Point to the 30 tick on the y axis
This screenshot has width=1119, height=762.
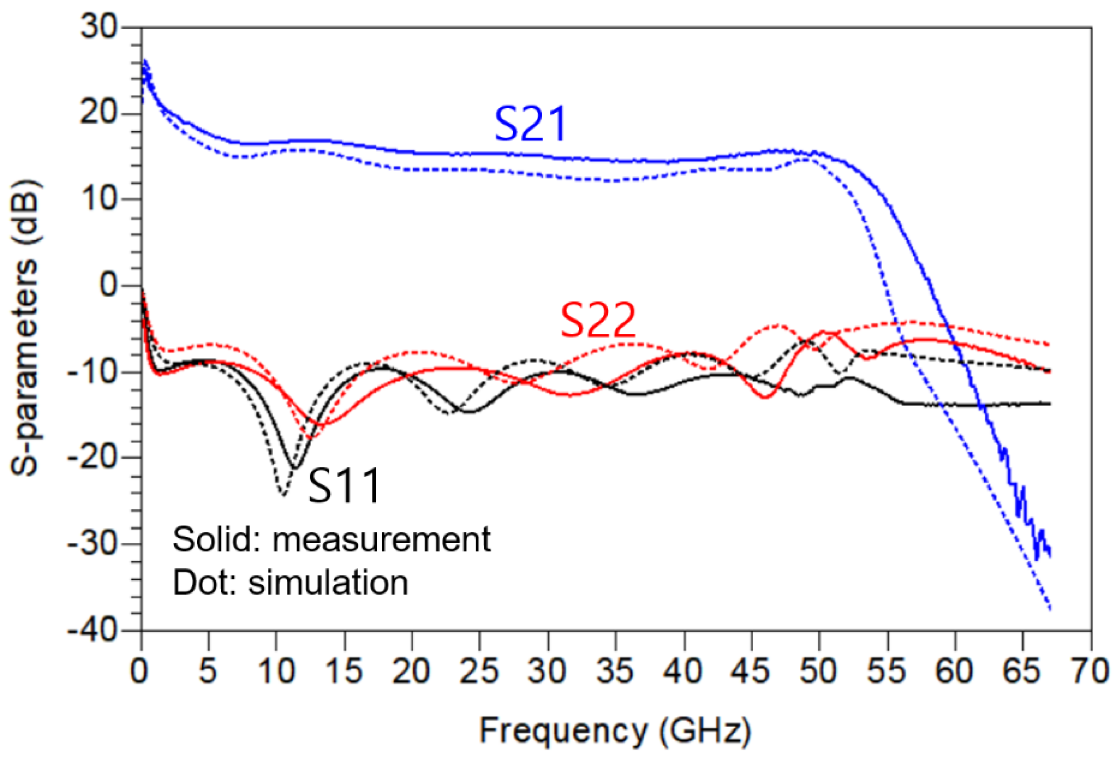99,27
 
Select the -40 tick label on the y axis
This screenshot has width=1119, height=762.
93,629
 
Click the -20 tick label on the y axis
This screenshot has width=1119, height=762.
93,457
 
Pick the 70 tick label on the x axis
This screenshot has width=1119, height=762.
1090,671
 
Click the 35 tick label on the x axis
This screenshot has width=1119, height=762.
615,671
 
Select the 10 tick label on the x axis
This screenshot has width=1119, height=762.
276,671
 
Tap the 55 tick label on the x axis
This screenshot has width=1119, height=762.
886,671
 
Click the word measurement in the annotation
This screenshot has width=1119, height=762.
381,539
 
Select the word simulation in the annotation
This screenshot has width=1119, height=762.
328,583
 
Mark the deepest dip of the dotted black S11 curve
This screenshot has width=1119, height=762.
283,495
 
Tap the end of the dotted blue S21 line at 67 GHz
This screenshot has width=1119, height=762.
1050,609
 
